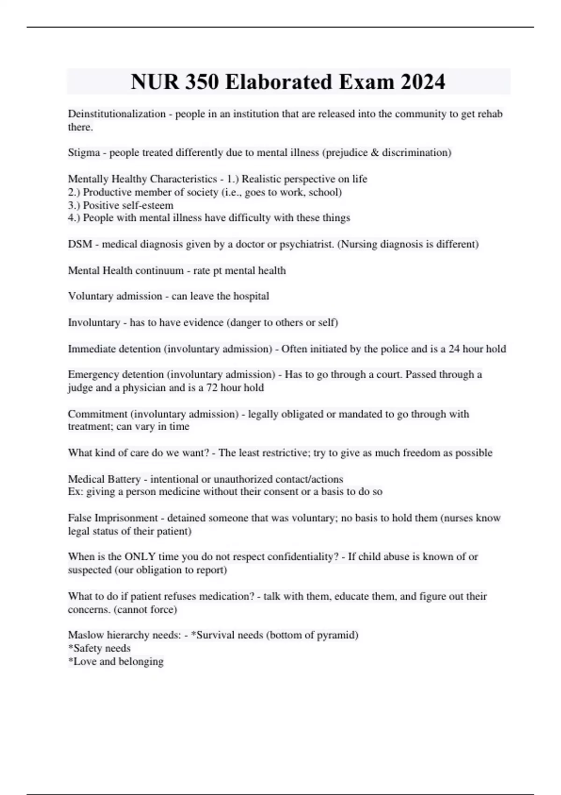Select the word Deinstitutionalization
click(117, 114)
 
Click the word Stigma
click(84, 152)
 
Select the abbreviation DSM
click(80, 244)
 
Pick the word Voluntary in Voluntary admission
click(92, 296)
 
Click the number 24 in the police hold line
click(453, 349)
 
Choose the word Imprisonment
click(126, 518)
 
